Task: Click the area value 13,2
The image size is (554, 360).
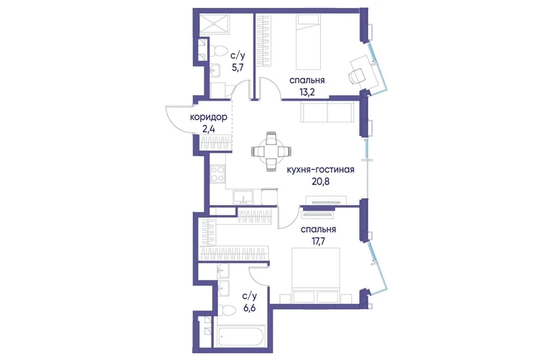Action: (306, 92)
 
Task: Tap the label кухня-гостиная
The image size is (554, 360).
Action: (320, 170)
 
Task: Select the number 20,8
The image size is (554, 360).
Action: (320, 181)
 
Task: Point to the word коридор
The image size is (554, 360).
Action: (208, 117)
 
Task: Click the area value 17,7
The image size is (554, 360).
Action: (318, 241)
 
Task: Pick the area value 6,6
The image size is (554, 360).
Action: (249, 307)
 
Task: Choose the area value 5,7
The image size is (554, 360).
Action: (237, 67)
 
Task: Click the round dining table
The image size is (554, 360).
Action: (271, 151)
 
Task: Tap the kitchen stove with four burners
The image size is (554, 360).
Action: (217, 174)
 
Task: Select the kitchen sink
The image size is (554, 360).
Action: (242, 197)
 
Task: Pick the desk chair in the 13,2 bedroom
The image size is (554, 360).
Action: (356, 76)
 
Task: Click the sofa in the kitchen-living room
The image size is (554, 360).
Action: (327, 112)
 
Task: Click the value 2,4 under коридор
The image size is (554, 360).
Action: (208, 129)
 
